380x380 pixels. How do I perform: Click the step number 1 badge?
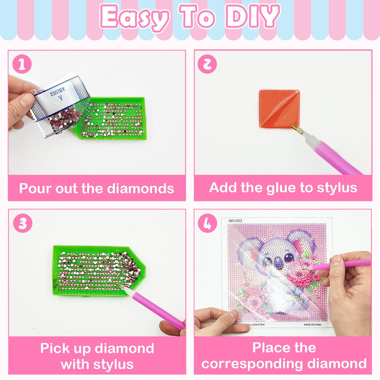[x=22, y=64]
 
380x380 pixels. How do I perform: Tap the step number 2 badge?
[x=207, y=64]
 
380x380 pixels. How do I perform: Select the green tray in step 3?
[x=97, y=271]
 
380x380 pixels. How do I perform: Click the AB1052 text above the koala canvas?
[x=235, y=221]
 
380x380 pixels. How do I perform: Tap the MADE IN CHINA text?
[x=312, y=325]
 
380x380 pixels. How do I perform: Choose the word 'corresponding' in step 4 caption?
[x=252, y=364]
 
